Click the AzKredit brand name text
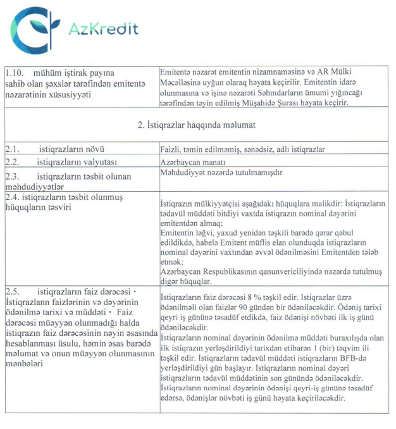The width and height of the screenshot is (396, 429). pos(104,29)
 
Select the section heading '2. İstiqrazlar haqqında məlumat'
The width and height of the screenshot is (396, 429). pos(197,125)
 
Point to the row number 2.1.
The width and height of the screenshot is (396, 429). pos(12,149)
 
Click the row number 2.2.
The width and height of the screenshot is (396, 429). pos(12,161)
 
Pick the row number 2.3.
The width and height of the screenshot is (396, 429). pos(12,174)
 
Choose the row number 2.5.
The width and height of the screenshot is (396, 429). pos(12,292)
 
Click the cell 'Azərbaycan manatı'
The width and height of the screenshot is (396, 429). pos(191,161)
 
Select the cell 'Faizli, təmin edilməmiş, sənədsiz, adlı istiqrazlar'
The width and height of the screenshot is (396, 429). pos(242,149)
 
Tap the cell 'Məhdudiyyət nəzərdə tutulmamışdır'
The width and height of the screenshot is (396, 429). pos(221,172)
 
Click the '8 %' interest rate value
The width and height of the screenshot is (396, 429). pos(258,297)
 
